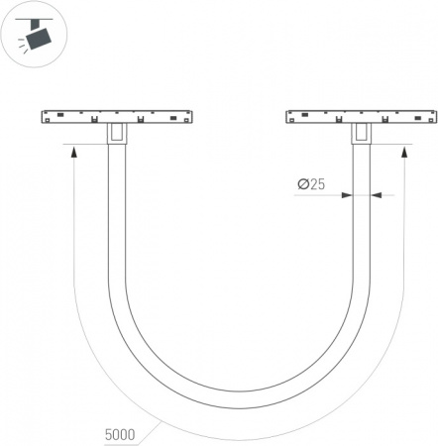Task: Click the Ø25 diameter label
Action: tap(311, 184)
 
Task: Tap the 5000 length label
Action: tap(120, 435)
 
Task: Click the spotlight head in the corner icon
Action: tap(39, 39)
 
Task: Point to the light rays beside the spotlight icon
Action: tap(22, 46)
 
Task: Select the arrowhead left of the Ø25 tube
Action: tap(347, 195)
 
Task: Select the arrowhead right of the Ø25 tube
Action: tap(377, 195)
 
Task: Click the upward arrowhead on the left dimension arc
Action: tap(74, 153)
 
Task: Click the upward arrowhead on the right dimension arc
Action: tap(403, 153)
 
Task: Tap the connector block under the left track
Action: tap(117, 133)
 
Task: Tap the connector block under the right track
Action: tap(362, 134)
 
